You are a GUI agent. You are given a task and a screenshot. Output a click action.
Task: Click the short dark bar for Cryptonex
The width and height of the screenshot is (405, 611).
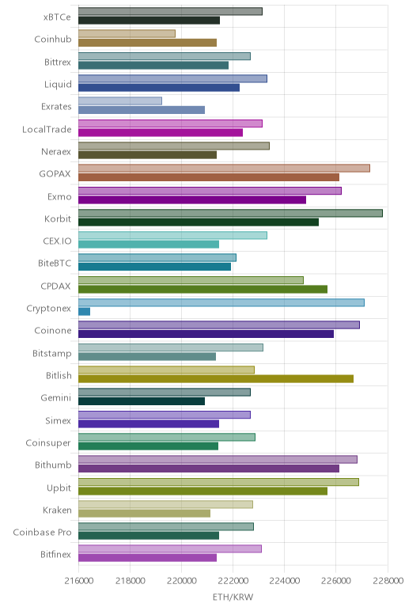[x=84, y=311]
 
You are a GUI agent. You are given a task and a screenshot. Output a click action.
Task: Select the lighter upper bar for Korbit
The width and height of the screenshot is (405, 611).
[x=230, y=213]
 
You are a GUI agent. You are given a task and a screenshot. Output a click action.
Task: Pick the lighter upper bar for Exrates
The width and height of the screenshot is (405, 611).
[x=120, y=101]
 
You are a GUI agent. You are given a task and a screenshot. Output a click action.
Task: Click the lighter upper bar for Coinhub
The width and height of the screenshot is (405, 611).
[x=127, y=33]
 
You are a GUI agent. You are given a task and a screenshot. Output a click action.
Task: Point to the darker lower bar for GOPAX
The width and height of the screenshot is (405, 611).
[x=209, y=177]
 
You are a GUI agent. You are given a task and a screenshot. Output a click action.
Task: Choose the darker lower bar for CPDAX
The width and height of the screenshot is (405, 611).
[x=202, y=289]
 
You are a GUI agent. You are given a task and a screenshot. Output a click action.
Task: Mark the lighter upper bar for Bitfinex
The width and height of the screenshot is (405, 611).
[x=170, y=548]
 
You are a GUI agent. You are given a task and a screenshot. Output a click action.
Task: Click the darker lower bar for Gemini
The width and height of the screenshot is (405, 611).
[x=142, y=401]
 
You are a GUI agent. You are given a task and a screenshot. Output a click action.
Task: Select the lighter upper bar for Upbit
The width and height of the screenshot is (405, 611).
[x=218, y=482]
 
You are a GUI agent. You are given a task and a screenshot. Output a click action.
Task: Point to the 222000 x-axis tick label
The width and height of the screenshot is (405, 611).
[x=233, y=581]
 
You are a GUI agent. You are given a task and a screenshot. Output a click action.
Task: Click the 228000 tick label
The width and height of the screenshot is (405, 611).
[x=388, y=581]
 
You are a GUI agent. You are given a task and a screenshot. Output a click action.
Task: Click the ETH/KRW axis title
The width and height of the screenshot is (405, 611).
[x=233, y=597]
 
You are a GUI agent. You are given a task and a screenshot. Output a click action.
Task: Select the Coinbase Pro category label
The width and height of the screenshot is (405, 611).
[x=42, y=533]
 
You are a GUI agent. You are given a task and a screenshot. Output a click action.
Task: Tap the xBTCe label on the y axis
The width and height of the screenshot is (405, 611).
[x=57, y=17]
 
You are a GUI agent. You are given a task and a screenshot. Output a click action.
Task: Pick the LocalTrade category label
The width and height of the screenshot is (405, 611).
[x=47, y=129]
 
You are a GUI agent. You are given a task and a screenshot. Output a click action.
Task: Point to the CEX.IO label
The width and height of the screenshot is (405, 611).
[x=57, y=241]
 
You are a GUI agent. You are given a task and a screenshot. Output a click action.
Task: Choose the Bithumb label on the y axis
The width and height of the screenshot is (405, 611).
[x=53, y=465]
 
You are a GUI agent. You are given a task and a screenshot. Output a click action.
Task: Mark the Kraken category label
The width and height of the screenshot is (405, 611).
[x=57, y=510]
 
